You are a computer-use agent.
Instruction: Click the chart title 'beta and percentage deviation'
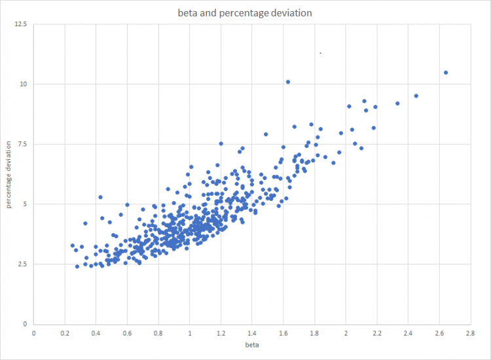(x=245, y=12)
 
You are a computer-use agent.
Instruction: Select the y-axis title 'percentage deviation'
(x=9, y=174)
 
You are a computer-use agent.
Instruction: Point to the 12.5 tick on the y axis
(x=21, y=24)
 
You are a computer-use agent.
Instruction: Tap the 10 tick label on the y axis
(x=24, y=84)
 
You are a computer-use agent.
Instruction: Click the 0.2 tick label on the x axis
(x=65, y=333)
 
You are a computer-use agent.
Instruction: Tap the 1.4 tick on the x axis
(x=252, y=333)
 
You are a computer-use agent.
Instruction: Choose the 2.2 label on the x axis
(x=376, y=333)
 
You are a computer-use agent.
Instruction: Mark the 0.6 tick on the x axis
(x=127, y=333)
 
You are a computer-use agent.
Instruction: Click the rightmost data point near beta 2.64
(x=446, y=73)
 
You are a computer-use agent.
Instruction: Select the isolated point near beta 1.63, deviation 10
(x=288, y=82)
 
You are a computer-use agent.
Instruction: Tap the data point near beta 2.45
(x=416, y=96)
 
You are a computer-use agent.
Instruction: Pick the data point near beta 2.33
(x=397, y=103)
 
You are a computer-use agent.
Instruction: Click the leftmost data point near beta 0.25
(x=73, y=245)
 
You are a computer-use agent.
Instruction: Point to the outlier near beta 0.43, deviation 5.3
(x=101, y=197)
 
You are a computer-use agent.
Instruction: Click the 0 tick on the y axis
(x=25, y=324)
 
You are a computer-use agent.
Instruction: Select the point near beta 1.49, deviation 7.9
(x=266, y=134)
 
